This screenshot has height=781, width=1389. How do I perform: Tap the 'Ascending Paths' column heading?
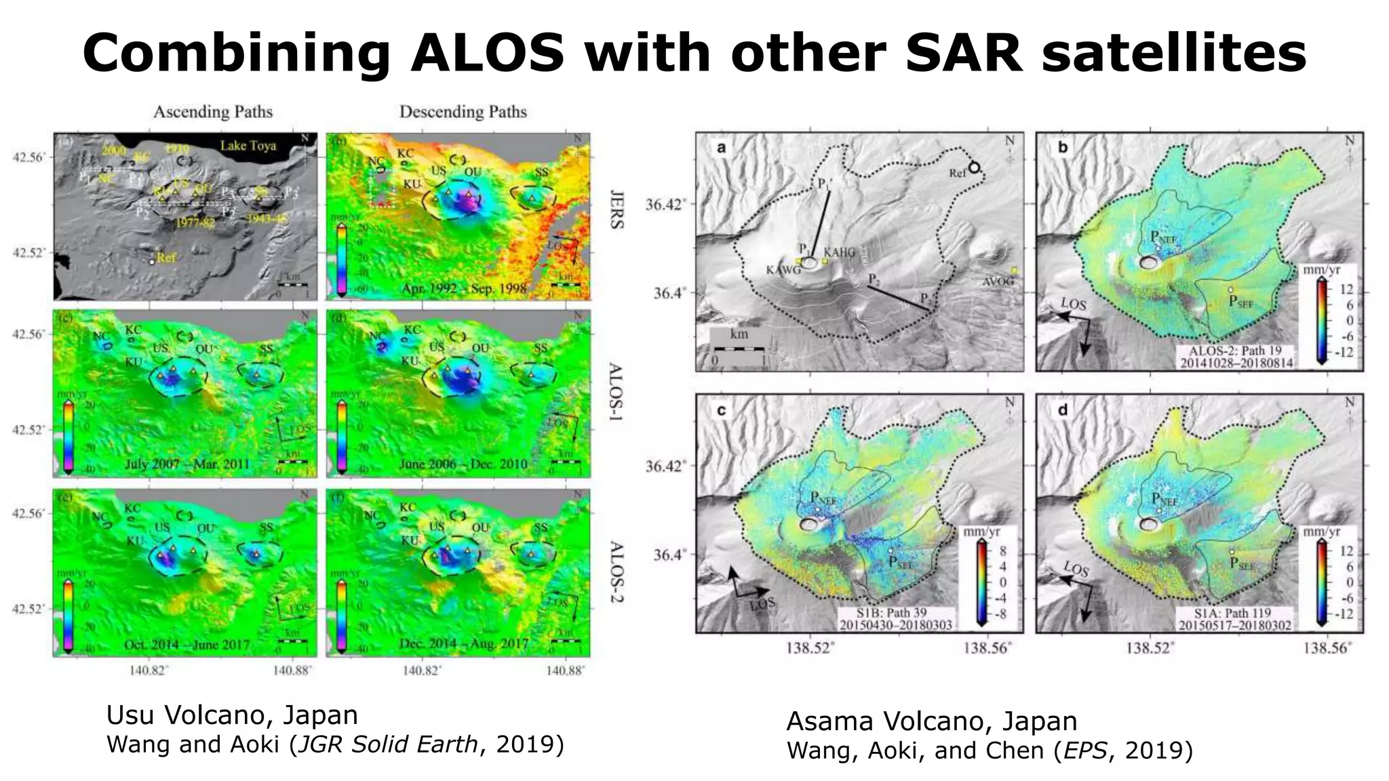coord(213,112)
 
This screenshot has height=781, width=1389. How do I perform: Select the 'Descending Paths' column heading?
coord(463,112)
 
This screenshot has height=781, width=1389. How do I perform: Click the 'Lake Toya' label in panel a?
coord(248,145)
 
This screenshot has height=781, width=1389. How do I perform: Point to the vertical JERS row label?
coord(616,209)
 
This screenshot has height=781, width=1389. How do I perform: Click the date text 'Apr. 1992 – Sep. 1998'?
coord(464,289)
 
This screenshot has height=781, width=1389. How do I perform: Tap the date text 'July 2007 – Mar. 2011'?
coord(187,464)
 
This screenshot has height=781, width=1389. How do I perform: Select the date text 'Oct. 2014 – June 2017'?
coord(187,644)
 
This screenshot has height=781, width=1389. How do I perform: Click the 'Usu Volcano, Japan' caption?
coord(232,715)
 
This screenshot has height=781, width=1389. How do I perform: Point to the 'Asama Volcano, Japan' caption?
coord(931,721)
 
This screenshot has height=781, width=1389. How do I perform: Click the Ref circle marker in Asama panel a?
coord(975,167)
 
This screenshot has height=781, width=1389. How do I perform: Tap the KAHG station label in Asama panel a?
coord(840,252)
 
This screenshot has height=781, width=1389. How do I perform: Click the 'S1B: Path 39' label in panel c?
coord(895,612)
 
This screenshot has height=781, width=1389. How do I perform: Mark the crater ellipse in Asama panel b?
coord(1149,262)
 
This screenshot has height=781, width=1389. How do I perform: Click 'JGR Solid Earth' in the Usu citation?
coord(387,744)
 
